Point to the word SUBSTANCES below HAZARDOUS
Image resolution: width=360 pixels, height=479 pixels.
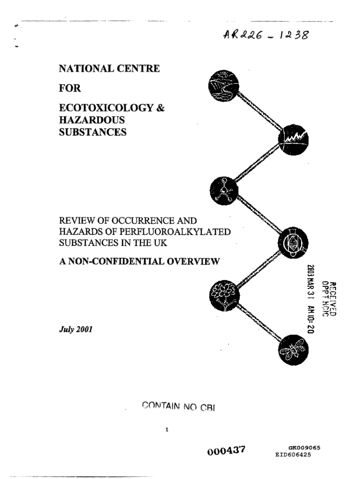coord(93,132)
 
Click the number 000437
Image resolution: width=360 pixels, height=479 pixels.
coord(226,450)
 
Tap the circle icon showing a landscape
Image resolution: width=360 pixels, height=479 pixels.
coord(223,86)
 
